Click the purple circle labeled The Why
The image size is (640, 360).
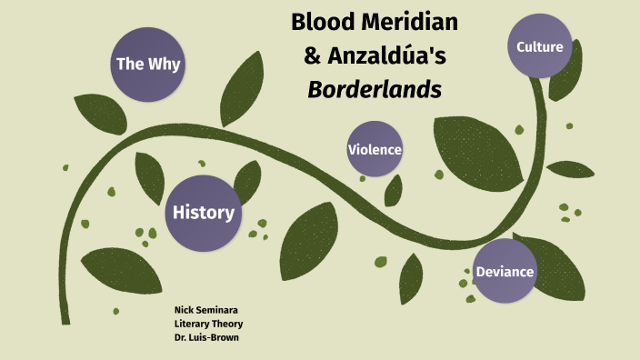pos(146,64)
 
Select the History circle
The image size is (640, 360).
pos(203,213)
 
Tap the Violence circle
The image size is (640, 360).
pos(375,149)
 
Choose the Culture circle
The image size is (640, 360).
pos(540,46)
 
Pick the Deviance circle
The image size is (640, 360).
pos(505,271)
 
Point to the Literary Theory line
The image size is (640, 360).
pos(208,324)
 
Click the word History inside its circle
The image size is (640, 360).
pos(203,213)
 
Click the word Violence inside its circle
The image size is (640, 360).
pos(375,149)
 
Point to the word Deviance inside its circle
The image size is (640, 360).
pos(505,271)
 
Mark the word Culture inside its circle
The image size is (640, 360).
pos(540,46)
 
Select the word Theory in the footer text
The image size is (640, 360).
pos(227,324)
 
